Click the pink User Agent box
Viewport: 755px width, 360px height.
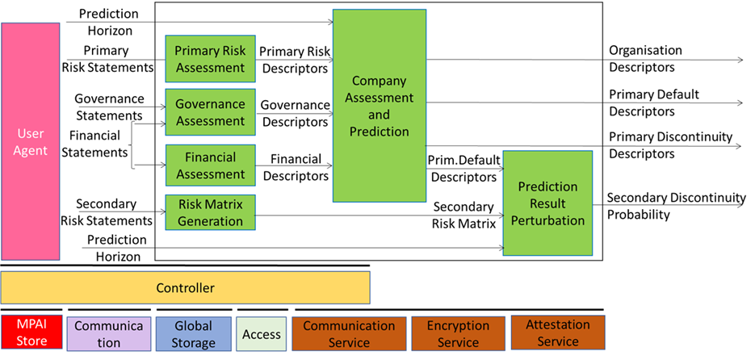(x=31, y=141)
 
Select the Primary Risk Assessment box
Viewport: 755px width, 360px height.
(x=211, y=59)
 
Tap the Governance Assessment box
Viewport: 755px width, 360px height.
(x=211, y=112)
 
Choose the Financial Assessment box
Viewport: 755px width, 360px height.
(x=211, y=165)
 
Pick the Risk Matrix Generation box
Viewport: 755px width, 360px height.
(x=211, y=213)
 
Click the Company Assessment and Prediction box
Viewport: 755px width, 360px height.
(x=380, y=106)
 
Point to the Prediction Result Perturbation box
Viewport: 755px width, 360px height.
(x=548, y=203)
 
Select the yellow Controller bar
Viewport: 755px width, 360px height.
(x=186, y=288)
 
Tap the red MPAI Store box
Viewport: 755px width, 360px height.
(x=31, y=333)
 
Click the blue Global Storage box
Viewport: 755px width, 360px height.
(x=194, y=333)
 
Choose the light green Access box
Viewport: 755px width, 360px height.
(x=262, y=333)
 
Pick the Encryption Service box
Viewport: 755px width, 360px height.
(x=459, y=333)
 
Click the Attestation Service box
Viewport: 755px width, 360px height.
(x=558, y=333)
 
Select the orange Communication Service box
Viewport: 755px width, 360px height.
(x=349, y=333)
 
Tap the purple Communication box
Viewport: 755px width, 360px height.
(x=109, y=333)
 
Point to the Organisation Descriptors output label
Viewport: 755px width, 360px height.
(x=645, y=59)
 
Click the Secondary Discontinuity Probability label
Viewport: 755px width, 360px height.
(x=676, y=206)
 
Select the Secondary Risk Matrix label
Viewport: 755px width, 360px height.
(x=463, y=216)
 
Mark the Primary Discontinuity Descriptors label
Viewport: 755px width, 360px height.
(x=670, y=145)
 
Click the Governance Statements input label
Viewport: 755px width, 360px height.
(x=109, y=107)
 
